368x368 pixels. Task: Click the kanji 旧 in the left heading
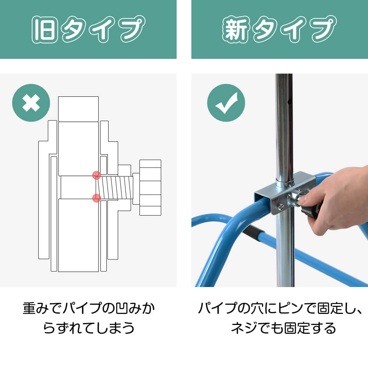pyautogui.click(x=45, y=29)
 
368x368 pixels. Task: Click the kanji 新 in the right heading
pyautogui.click(x=236, y=29)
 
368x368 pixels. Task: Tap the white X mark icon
pyautogui.click(x=31, y=103)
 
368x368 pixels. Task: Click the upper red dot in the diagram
pyautogui.click(x=96, y=175)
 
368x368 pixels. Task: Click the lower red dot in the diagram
pyautogui.click(x=96, y=198)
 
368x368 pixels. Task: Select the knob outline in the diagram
pyautogui.click(x=150, y=188)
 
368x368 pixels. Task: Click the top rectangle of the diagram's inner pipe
pyautogui.click(x=78, y=109)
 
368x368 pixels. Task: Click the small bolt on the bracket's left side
pyautogui.click(x=280, y=207)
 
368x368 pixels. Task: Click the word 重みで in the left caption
pyautogui.click(x=42, y=308)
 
